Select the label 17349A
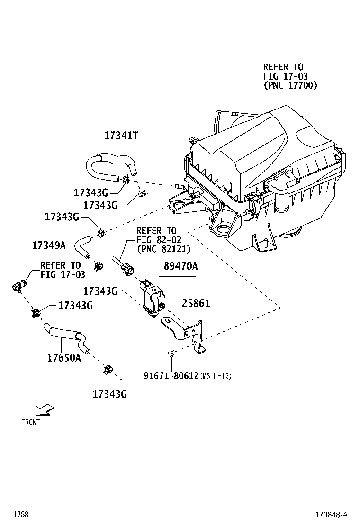pos(49,245)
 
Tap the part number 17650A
pos(63,358)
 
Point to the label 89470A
pos(180,267)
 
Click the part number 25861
pos(194,303)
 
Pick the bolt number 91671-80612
pos(171,376)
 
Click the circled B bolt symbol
pos(172,353)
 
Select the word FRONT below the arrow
pos(30,422)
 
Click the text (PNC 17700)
pos(290,85)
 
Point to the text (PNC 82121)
pos(163,248)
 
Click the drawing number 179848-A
pos(332,515)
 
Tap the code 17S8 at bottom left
pos(21,515)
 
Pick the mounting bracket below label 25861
pos(187,332)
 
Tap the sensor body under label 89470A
pos(153,299)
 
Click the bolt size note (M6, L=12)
pos(216,377)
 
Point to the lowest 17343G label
pos(109,394)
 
